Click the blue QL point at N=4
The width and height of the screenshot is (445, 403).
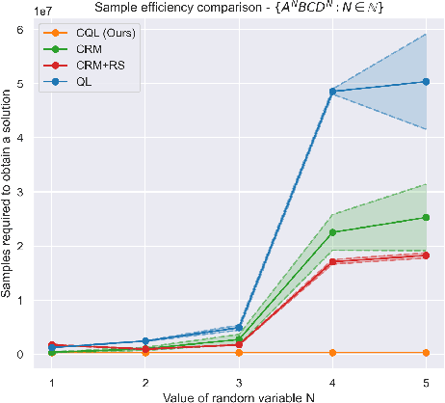[332, 92]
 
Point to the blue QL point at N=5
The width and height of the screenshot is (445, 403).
[426, 82]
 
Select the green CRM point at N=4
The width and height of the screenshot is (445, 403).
[332, 232]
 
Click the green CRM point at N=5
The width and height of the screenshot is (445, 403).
[426, 218]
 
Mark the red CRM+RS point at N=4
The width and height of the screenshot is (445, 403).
[332, 261]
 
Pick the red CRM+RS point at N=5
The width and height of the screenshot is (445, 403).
[426, 255]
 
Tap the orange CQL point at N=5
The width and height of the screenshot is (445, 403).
[426, 353]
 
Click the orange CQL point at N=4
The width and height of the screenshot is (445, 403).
[332, 353]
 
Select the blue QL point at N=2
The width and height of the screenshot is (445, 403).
[145, 340]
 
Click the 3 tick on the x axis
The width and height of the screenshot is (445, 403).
[239, 380]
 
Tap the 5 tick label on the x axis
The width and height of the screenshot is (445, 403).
[426, 380]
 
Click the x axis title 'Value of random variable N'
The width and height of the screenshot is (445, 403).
[238, 395]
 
